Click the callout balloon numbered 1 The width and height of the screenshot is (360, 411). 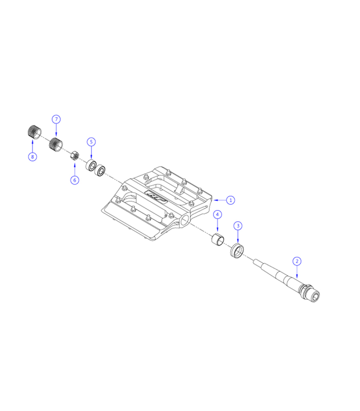coord(231,199)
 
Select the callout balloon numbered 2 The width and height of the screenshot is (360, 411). coord(297,260)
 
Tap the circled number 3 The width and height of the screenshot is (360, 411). coord(238,226)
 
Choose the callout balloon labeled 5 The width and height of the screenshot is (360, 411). coord(91,141)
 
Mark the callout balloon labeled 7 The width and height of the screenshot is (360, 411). coord(56,119)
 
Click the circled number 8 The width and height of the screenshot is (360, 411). coord(32,157)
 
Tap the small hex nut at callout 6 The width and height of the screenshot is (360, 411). coord(74,154)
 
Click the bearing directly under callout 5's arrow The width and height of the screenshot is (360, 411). coord(92,165)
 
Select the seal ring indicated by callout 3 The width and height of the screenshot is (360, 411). coord(237,252)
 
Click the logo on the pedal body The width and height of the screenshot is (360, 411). coord(153,196)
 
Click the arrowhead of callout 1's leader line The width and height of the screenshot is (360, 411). coord(213,199)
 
